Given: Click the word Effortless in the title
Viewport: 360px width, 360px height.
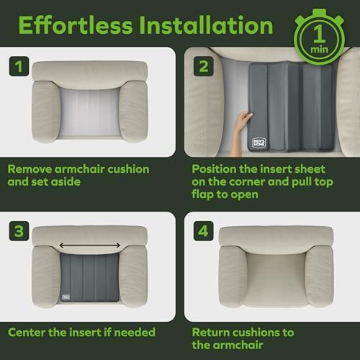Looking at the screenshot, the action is [76, 25].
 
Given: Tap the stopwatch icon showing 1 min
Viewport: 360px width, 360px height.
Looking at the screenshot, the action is [320, 37].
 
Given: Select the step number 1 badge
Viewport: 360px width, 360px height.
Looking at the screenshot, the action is [19, 66].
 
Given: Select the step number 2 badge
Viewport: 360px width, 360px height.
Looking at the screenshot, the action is [204, 66].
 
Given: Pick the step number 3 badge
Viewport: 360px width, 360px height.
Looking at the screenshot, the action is [19, 231].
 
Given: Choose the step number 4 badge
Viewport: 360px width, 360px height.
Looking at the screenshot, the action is [204, 231].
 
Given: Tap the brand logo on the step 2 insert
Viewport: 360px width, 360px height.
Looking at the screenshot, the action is [259, 143].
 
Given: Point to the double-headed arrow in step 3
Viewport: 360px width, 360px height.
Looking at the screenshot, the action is [90, 246].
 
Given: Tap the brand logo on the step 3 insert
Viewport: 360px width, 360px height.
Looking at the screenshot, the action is [66, 297].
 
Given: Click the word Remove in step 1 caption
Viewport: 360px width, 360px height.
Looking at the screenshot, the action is [30, 169].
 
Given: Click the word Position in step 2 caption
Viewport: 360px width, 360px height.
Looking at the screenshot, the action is [214, 169].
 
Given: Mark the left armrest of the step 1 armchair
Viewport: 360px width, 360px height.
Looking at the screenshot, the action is [46, 111].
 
